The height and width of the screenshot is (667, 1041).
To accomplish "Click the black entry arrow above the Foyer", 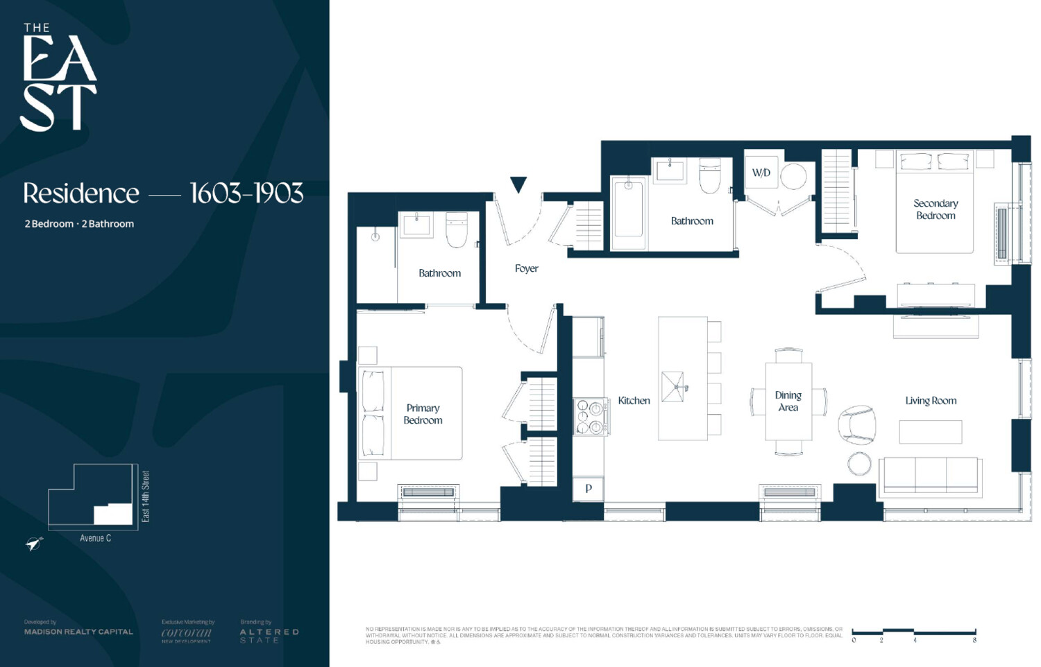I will pyautogui.click(x=518, y=184).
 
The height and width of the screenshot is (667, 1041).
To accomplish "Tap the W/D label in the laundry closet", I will pyautogui.click(x=761, y=173).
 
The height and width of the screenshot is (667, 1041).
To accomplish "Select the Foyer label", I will pyautogui.click(x=526, y=268).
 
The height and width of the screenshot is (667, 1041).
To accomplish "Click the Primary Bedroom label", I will pyautogui.click(x=423, y=414).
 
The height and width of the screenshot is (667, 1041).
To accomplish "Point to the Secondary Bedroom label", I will pyautogui.click(x=936, y=209).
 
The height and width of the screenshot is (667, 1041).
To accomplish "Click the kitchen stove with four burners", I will pyautogui.click(x=589, y=417).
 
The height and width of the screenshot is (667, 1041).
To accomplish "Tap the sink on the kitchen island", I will pyautogui.click(x=673, y=387).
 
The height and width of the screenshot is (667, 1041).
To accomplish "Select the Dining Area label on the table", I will pyautogui.click(x=788, y=401).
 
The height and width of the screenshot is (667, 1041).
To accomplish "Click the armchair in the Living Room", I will pyautogui.click(x=857, y=424).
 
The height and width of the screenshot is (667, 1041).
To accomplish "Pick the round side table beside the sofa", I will pyautogui.click(x=859, y=464).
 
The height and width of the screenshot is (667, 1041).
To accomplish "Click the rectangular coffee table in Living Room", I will pyautogui.click(x=930, y=432).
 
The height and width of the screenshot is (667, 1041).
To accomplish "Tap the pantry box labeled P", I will pyautogui.click(x=588, y=488).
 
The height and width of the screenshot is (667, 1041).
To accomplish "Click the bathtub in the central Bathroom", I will pyautogui.click(x=629, y=213).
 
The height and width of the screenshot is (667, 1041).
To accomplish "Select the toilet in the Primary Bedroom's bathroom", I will pyautogui.click(x=456, y=231).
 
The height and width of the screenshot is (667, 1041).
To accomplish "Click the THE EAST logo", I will pyautogui.click(x=58, y=78).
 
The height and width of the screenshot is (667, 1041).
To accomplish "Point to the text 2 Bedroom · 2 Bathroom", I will pyautogui.click(x=79, y=224).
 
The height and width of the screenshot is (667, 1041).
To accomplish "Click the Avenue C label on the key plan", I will pyautogui.click(x=95, y=538).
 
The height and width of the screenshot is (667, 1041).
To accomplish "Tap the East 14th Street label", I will pyautogui.click(x=146, y=496).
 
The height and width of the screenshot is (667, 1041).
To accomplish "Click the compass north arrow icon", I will pyautogui.click(x=34, y=544).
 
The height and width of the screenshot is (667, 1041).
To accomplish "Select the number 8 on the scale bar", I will pyautogui.click(x=974, y=640).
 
